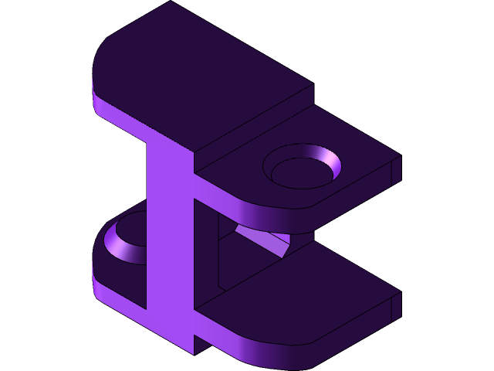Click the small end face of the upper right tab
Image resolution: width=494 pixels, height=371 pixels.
395,169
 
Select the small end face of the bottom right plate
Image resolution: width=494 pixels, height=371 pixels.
395,306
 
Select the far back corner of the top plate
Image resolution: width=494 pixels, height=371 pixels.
171,3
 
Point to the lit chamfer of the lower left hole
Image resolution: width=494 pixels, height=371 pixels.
121,246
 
